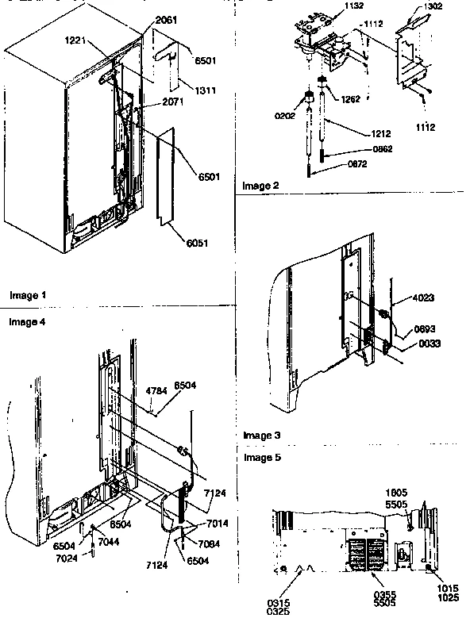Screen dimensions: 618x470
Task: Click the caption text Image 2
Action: tap(260, 186)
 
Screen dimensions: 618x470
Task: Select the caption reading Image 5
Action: tap(260, 458)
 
